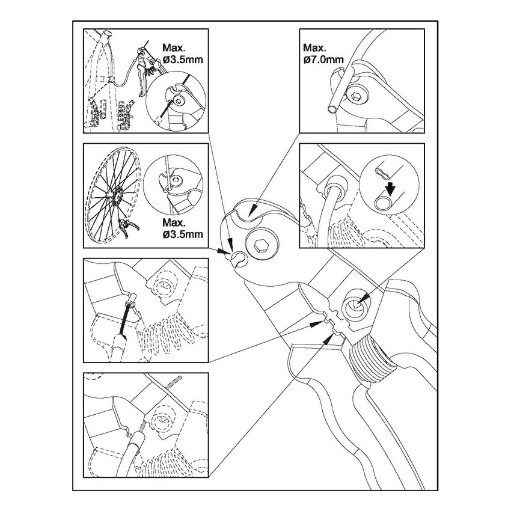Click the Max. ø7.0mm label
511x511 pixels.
(x=323, y=54)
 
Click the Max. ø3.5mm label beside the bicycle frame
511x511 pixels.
(x=183, y=54)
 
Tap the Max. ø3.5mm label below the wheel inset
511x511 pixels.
(x=183, y=228)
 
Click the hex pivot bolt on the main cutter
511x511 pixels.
(x=262, y=245)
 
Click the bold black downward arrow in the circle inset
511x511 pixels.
(x=390, y=189)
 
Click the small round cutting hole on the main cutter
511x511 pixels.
(x=239, y=257)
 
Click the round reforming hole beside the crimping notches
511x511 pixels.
(x=355, y=305)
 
